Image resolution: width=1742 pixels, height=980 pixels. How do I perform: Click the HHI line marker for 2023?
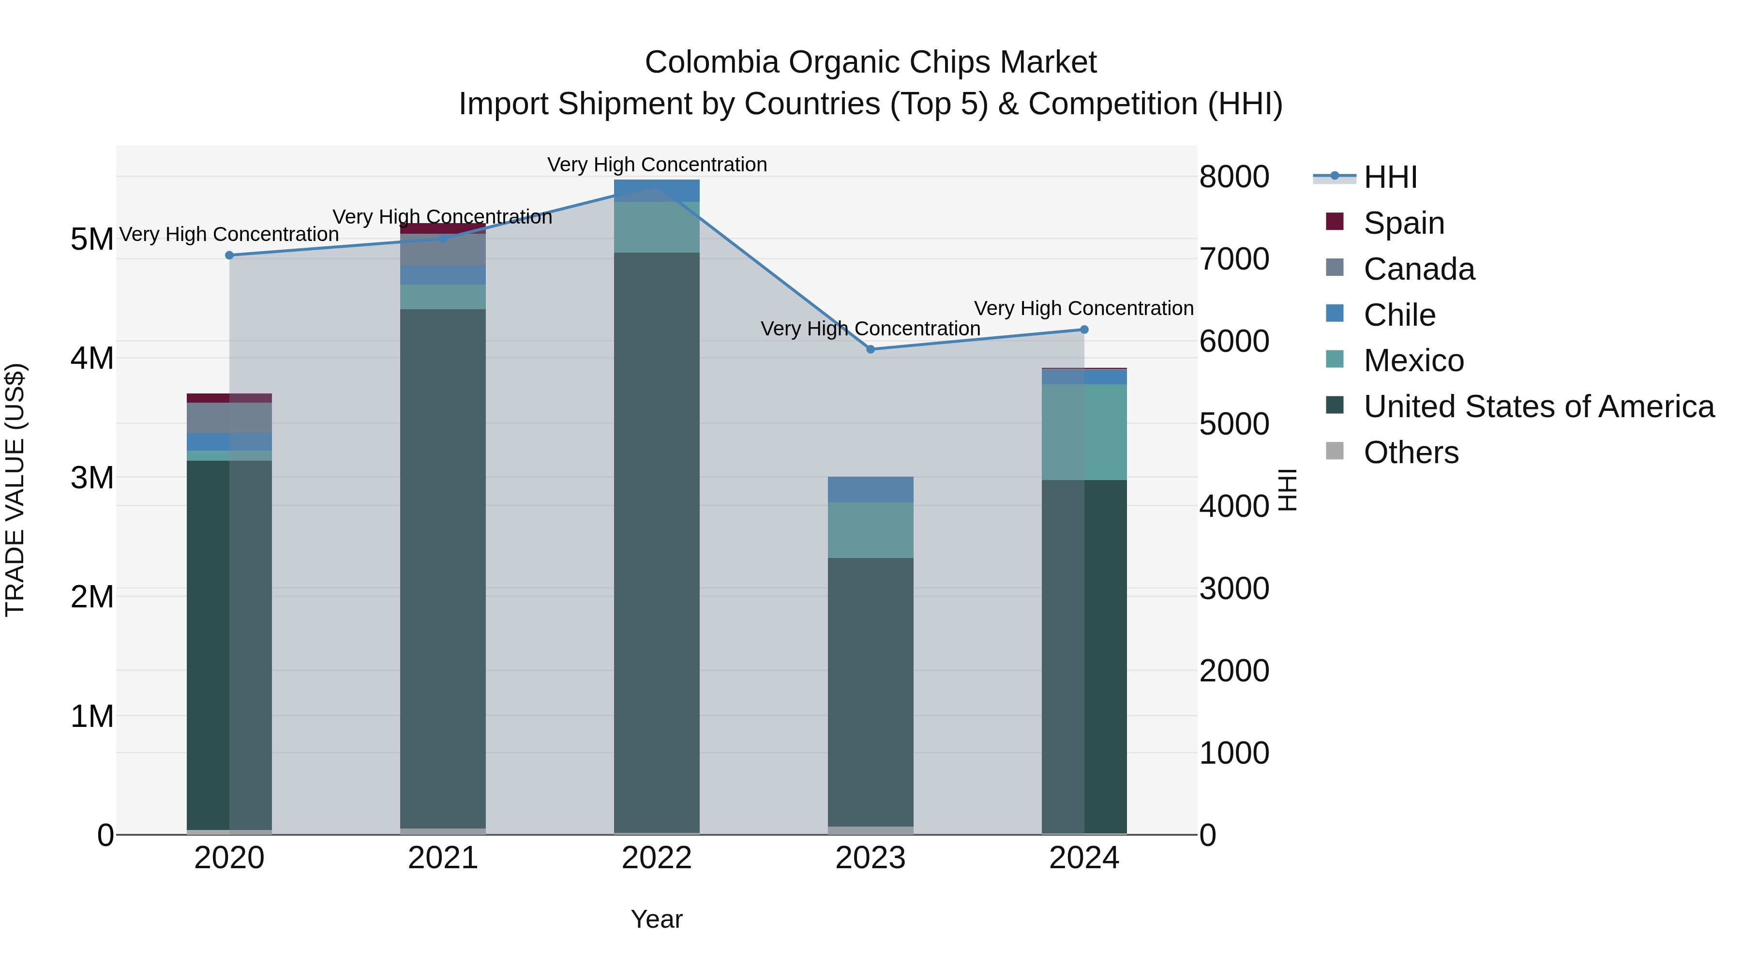pos(871,349)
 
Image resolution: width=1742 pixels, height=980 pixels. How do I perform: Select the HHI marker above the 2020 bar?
pos(229,255)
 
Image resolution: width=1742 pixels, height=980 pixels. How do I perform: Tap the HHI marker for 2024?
pos(1084,330)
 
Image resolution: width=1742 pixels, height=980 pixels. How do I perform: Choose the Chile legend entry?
pos(1398,315)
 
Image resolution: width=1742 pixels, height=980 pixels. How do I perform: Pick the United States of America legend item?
pos(1538,407)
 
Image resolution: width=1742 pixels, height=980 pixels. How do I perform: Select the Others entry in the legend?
pos(1411,452)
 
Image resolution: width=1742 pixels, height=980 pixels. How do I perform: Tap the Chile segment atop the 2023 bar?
pos(871,489)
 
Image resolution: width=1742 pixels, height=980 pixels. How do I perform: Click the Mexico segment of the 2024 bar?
pos(1084,432)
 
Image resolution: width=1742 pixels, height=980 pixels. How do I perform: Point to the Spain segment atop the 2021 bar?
pos(443,228)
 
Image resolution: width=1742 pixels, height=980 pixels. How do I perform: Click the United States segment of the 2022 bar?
pos(657,541)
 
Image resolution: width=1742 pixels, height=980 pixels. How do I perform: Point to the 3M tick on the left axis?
pos(92,478)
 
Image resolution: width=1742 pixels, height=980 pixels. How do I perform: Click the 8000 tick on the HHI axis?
pos(1233,177)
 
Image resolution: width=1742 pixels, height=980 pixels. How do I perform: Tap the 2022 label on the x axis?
pos(657,858)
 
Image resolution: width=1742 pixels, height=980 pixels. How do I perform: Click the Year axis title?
pos(657,919)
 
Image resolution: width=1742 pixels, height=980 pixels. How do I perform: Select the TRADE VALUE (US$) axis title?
pos(15,490)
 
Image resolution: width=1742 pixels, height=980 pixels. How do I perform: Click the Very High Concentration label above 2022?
pos(657,165)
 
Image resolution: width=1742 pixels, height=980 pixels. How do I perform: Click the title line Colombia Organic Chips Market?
pos(871,62)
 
